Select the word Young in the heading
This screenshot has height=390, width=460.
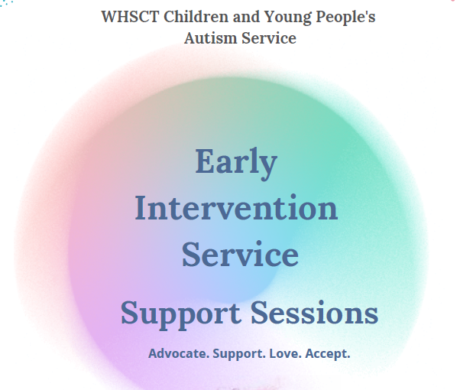coord(277,16)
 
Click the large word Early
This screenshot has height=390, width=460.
coord(235,162)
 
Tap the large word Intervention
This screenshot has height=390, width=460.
coord(236,208)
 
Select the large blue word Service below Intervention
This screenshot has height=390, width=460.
coord(240,254)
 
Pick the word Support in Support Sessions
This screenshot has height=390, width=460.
coord(180,314)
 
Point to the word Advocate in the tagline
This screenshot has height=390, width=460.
coord(177,354)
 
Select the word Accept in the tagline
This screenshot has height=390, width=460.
coord(330,354)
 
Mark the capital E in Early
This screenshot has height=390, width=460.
coord(205,162)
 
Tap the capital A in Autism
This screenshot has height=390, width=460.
coord(191,37)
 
